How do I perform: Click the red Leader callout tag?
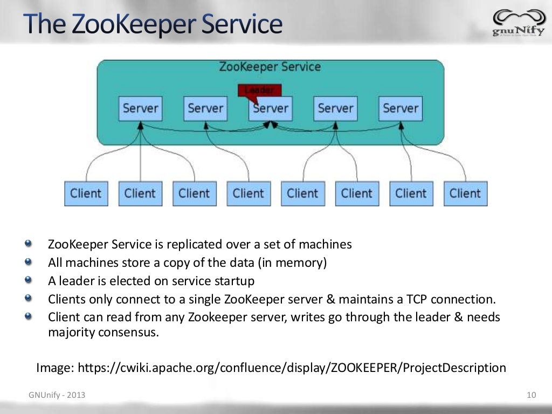[x=259, y=90]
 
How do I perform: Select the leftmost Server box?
[x=140, y=108]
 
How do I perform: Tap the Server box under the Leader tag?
[x=271, y=108]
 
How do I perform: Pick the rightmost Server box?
[x=401, y=108]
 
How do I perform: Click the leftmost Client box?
[x=86, y=194]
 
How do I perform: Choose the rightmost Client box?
[x=465, y=194]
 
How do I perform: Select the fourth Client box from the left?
[x=249, y=194]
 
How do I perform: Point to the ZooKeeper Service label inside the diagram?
[x=270, y=67]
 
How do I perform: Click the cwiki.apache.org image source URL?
[x=292, y=368]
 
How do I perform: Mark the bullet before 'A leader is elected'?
[x=28, y=281]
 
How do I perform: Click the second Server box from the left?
[x=205, y=108]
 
